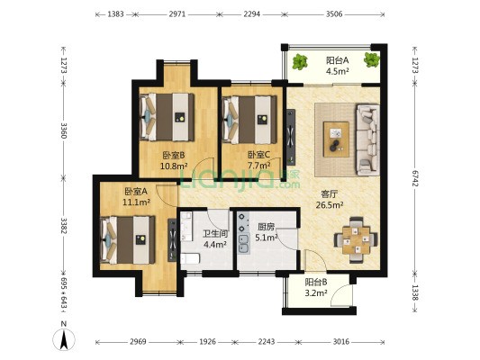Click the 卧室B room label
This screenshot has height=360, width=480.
[174, 156]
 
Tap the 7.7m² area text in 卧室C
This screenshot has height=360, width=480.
[258, 166]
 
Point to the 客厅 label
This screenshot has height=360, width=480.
[330, 193]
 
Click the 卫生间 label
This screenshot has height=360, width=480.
[215, 234]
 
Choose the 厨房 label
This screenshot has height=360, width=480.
[266, 227]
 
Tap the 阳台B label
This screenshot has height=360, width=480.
[316, 282]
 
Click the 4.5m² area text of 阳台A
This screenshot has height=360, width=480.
[338, 71]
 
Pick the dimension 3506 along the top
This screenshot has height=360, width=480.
[334, 13]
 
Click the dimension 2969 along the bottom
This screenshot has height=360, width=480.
[138, 342]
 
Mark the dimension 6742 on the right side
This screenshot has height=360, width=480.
[415, 177]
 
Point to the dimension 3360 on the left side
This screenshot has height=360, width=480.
[64, 130]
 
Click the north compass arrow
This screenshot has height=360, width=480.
[64, 339]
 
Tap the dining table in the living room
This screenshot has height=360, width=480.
[356, 239]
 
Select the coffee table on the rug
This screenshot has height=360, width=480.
[337, 139]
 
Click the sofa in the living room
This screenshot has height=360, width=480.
[367, 140]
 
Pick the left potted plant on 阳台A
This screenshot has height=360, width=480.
[299, 62]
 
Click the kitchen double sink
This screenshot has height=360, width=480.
[244, 245]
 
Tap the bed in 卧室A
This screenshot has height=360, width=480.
[128, 239]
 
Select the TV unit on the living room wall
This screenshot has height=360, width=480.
[291, 138]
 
